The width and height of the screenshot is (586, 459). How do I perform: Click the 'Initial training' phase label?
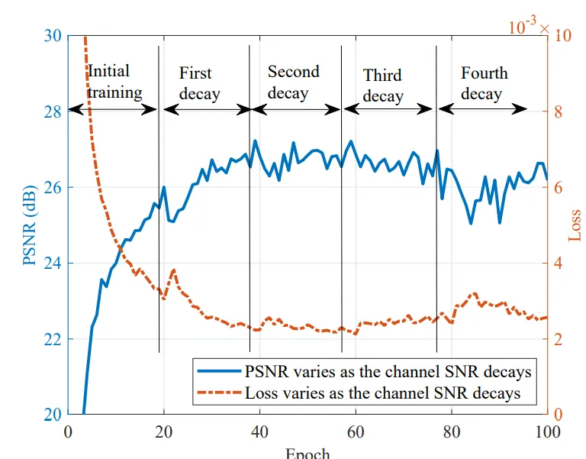point(114,82)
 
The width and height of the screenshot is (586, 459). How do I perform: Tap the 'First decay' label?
point(198,84)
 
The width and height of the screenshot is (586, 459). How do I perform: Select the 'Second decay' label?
point(293,82)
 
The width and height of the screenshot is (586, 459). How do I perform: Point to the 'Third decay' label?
point(383,86)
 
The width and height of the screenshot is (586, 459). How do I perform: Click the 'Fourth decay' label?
point(483,84)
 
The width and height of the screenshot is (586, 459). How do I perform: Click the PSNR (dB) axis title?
point(30,225)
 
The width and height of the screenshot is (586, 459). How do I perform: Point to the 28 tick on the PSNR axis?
point(53,112)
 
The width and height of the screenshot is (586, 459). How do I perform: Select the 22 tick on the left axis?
point(53,339)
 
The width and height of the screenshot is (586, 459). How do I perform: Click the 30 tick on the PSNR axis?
point(53,37)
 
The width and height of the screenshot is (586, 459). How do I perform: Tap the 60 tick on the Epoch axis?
point(356,432)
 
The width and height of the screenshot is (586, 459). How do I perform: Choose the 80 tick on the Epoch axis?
point(452,432)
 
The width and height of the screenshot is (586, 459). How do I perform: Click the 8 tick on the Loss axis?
point(559,112)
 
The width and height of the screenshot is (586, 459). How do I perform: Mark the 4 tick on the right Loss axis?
point(559,263)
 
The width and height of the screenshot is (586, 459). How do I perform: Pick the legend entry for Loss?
point(382,393)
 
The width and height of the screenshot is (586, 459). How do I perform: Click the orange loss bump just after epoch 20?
point(173,270)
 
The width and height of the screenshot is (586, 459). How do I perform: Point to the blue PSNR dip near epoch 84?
point(471,222)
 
